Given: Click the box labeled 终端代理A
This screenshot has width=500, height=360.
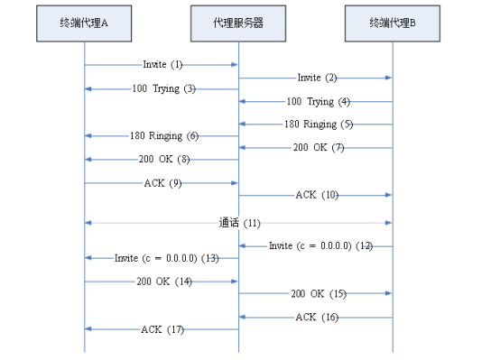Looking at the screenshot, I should coord(85,24).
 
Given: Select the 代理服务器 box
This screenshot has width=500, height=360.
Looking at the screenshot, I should coord(238,24).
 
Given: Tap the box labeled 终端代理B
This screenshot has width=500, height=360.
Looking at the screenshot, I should coord(393,24).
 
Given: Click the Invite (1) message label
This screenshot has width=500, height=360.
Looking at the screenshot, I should coord(162,65).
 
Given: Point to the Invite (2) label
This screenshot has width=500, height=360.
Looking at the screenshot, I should coord(316,78).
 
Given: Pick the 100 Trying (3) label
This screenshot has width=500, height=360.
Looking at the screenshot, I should coord(162,88).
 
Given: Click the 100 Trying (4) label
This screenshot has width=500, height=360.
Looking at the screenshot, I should coord(317,102).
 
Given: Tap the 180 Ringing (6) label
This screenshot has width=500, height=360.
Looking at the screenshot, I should coord(163,135).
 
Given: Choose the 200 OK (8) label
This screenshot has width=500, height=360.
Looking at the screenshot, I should coord(162,160).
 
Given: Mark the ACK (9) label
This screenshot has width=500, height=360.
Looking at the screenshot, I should coord(163,183).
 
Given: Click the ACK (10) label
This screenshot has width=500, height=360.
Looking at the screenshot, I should coord(317,195).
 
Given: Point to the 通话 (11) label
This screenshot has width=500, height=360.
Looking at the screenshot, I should coord(239,222).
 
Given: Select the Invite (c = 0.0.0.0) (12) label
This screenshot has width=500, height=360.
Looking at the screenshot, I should coord(320,245).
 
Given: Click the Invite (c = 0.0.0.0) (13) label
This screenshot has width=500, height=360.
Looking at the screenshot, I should coord(167,258).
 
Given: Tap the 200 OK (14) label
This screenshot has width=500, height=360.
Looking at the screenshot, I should coord(163,282).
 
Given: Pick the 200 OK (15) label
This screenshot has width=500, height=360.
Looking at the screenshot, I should coord(317,294).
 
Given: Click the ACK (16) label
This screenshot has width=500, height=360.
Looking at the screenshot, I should coord(317,317).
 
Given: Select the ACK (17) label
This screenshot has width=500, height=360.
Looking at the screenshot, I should coord(163,329).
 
